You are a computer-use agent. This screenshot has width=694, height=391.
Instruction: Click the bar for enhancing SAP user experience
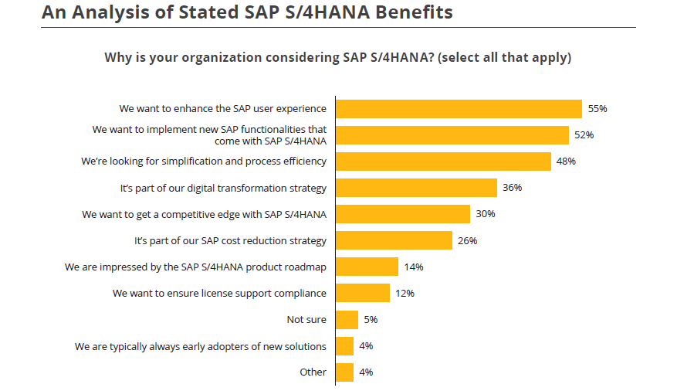click(x=458, y=109)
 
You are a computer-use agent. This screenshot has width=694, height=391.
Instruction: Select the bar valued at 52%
click(x=452, y=135)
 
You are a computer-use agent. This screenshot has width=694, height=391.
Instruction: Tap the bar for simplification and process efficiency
click(x=442, y=161)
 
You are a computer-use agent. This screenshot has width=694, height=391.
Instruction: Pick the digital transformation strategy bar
click(x=416, y=188)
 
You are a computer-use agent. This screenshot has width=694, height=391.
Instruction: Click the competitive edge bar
click(x=402, y=214)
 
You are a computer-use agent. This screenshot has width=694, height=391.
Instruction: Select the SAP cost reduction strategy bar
click(x=394, y=240)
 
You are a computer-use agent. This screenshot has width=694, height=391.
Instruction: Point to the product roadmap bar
click(x=367, y=267)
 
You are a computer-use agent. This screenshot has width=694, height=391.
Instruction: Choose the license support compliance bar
click(x=363, y=293)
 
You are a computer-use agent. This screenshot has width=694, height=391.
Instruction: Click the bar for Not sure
click(x=347, y=320)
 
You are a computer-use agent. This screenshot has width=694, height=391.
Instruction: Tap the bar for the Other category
click(x=344, y=372)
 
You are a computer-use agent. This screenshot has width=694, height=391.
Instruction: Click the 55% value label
click(x=598, y=109)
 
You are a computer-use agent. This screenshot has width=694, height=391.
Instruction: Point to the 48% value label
click(x=566, y=161)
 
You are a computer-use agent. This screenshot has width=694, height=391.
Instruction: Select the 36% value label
click(x=513, y=188)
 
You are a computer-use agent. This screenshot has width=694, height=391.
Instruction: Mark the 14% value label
click(x=414, y=267)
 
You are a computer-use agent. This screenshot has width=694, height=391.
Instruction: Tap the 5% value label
click(x=371, y=320)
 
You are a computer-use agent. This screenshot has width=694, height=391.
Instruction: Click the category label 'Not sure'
click(x=306, y=320)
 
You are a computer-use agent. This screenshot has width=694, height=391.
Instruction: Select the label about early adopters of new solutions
click(x=200, y=346)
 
